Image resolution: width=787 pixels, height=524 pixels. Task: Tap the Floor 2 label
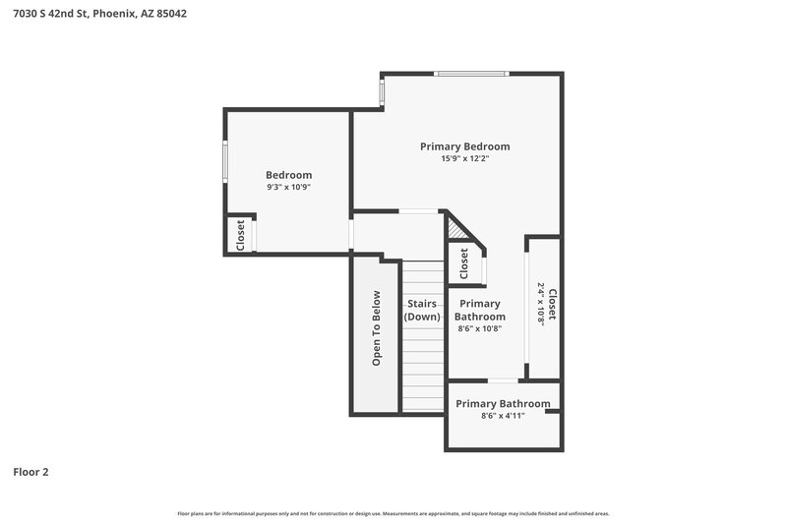pos(30,472)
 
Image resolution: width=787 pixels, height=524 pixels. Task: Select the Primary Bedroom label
pos(464,146)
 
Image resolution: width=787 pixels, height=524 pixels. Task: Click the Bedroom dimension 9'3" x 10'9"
pos(288,187)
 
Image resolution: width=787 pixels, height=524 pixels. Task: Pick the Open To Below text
pos(376,328)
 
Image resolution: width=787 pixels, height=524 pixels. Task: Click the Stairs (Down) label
pos(422,310)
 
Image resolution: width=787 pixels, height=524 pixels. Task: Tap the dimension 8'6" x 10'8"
pos(479,329)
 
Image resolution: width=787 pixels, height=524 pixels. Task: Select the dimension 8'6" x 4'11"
pos(503,416)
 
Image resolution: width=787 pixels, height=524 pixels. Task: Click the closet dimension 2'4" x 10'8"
pos(541,304)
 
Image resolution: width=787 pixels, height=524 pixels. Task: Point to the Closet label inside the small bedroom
pos(240,234)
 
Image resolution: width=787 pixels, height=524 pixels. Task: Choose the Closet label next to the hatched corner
pos(464,262)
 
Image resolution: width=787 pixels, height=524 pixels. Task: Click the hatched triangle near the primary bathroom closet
pos(455,231)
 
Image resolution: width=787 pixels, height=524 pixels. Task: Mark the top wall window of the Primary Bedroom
pos(472,73)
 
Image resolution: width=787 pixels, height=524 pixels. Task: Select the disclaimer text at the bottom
pos(393,513)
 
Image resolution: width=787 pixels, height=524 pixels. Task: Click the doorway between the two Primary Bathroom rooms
pos(503,380)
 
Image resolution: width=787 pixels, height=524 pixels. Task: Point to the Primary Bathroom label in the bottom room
pos(503,404)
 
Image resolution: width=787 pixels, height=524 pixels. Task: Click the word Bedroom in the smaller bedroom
pos(288,175)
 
